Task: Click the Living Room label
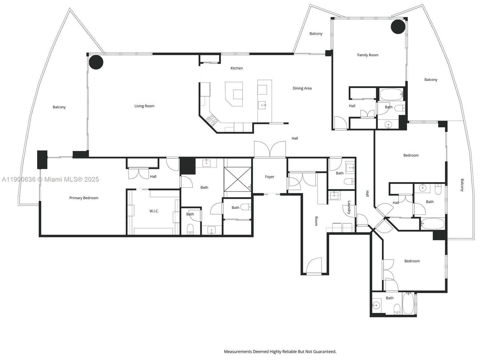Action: pyautogui.click(x=144, y=106)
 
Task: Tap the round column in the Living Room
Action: pyautogui.click(x=96, y=62)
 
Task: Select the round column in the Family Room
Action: pyautogui.click(x=398, y=27)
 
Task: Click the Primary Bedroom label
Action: pyautogui.click(x=84, y=198)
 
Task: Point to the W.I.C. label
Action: pyautogui.click(x=154, y=211)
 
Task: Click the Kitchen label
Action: pyautogui.click(x=237, y=68)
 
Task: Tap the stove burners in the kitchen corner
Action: pyautogui.click(x=212, y=120)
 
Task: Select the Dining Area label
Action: pyautogui.click(x=302, y=88)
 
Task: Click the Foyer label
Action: pyautogui.click(x=270, y=177)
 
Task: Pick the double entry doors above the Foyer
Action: pyautogui.click(x=270, y=150)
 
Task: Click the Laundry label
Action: pyautogui.click(x=349, y=207)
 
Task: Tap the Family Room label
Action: pyautogui.click(x=368, y=55)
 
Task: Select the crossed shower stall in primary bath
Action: pyautogui.click(x=238, y=179)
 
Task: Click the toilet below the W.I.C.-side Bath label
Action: pyautogui.click(x=190, y=229)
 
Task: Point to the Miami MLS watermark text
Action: pyautogui.click(x=50, y=179)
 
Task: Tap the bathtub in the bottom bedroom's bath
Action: pyautogui.click(x=408, y=304)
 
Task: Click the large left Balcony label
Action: pyautogui.click(x=59, y=107)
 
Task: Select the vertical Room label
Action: pyautogui.click(x=316, y=221)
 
